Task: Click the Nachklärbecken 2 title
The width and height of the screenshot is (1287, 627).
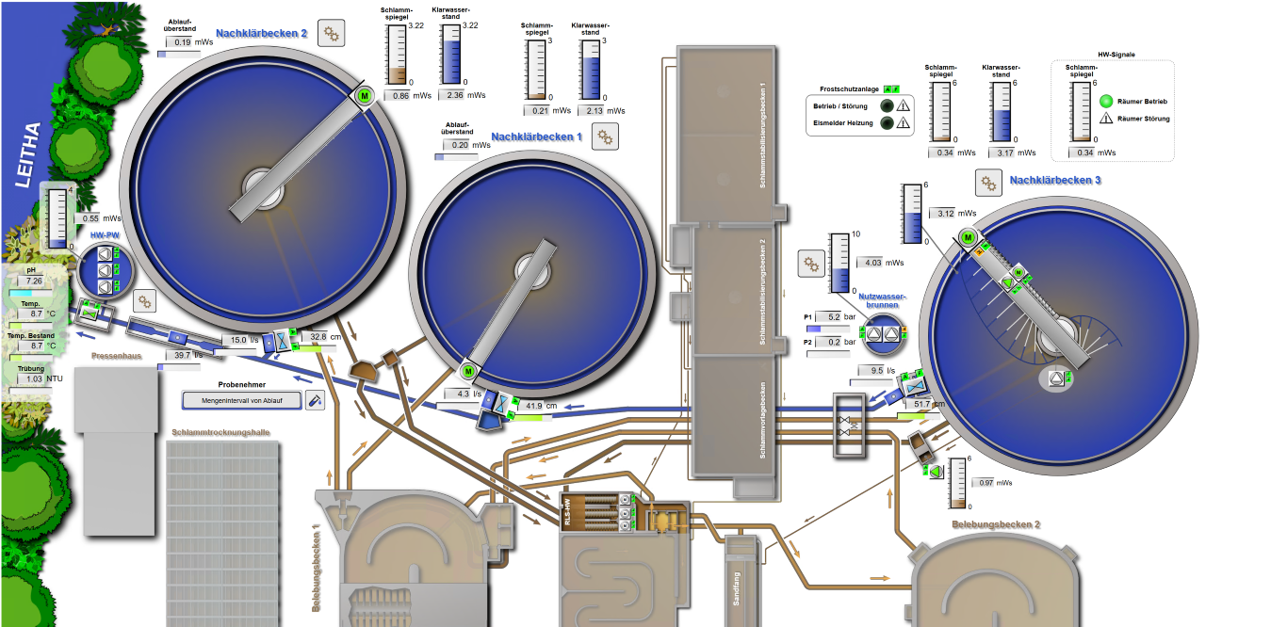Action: coord(261,34)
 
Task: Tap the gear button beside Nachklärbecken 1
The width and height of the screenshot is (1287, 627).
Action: coord(605,137)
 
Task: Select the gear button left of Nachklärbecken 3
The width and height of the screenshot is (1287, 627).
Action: coord(987,183)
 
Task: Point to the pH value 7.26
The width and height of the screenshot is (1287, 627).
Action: coord(34,281)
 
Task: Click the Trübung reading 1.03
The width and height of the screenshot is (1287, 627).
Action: coord(34,379)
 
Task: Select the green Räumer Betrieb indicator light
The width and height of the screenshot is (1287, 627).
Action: coord(1106,101)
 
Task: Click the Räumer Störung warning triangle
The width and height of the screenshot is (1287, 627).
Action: coord(1106,119)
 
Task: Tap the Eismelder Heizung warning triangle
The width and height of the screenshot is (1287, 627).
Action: coord(903,123)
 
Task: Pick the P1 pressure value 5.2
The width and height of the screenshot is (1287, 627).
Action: coord(833,317)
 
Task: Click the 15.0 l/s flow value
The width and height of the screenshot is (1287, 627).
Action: coord(239,340)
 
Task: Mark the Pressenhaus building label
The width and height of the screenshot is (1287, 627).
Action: coord(117,357)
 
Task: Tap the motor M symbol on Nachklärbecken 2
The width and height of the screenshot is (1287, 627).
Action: coord(365,95)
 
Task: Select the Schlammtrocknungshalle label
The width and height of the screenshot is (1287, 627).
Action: coord(221,433)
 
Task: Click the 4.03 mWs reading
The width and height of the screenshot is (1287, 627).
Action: coord(872,264)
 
